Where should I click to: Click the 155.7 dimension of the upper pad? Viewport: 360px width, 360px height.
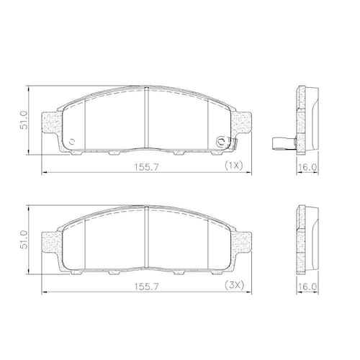point(146,167)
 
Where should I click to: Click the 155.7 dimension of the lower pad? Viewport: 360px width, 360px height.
point(146,287)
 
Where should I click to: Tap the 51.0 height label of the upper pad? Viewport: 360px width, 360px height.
point(24,120)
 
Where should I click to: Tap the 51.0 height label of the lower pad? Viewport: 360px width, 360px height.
point(24,240)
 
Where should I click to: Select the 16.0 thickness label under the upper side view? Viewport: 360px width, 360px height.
point(307,167)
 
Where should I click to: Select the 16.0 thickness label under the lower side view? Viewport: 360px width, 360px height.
point(307,287)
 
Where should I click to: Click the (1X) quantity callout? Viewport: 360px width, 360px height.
point(234,165)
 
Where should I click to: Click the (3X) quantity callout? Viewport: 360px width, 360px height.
point(234,285)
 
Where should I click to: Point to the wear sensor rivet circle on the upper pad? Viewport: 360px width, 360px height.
point(220,142)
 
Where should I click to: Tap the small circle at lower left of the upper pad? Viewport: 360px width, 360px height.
point(71,142)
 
